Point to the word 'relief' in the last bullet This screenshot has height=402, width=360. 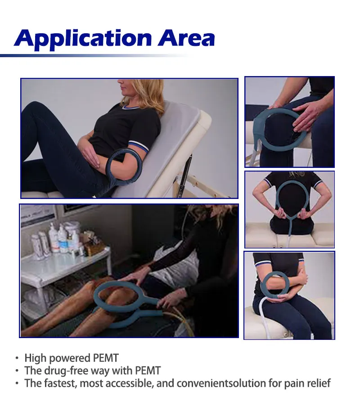coord(318,384)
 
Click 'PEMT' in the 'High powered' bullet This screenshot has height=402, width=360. coord(106,358)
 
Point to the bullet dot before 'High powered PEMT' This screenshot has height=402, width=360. coord(17,359)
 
